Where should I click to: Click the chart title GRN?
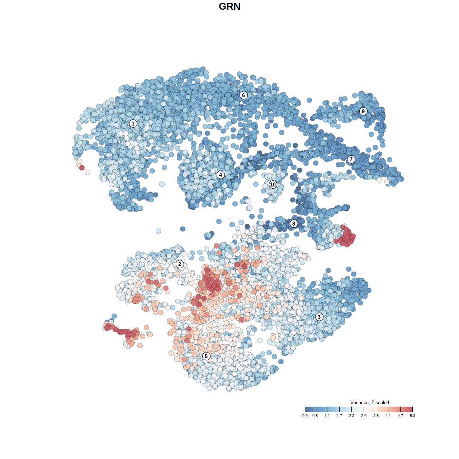[229, 6]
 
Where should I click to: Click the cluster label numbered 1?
[133, 124]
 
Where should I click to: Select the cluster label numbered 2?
[180, 265]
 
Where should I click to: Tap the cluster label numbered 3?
[319, 317]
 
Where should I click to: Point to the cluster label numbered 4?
[221, 175]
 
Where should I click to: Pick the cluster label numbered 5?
[206, 356]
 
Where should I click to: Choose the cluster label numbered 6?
[243, 95]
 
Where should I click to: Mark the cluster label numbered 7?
[351, 160]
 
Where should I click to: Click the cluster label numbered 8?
[294, 224]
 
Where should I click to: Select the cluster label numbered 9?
[363, 112]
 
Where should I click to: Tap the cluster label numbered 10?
[273, 185]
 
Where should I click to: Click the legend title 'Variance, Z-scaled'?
[369, 403]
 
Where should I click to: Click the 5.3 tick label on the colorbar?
[412, 416]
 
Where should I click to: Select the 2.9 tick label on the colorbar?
[364, 416]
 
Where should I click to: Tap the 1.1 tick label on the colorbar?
[327, 416]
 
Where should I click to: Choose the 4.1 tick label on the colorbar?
[388, 416]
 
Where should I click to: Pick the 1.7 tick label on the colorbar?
[339, 416]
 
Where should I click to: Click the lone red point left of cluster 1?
[82, 167]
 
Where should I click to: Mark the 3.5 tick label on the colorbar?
[376, 416]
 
